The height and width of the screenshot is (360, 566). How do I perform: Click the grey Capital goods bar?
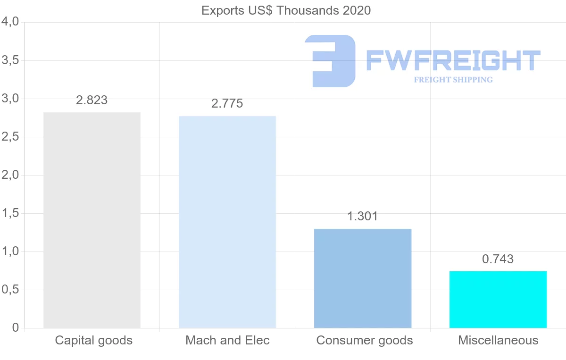coord(92,220)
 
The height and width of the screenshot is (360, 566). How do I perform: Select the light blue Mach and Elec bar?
coord(227,222)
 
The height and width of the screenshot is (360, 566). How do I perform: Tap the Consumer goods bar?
coord(362,278)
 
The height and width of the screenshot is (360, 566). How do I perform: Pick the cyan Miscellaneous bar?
coord(498,300)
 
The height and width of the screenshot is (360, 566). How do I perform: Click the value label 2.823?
coord(92,100)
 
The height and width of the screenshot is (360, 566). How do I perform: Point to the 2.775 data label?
coord(227,104)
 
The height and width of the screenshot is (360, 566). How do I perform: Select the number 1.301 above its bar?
coord(362,217)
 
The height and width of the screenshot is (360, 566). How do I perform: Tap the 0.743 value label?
coord(498,259)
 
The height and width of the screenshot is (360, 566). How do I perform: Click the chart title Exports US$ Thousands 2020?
coord(286,10)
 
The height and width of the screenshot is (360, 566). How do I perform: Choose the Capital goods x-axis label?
coord(93,340)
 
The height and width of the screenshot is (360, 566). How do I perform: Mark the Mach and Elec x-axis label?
coord(227,340)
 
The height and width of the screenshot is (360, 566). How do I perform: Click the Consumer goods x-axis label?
coord(365,340)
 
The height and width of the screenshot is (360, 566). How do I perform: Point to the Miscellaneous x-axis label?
coord(498,340)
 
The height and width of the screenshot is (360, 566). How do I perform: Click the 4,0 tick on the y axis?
coord(10,22)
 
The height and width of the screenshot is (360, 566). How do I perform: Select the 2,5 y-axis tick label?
coord(10,137)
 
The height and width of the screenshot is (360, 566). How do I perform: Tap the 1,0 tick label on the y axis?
coord(10,251)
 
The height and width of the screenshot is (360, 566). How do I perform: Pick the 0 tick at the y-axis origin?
coord(15,328)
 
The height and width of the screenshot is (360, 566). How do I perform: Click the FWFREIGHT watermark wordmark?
coord(453,60)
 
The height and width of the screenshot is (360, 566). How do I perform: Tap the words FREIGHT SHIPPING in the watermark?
coord(453,80)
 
